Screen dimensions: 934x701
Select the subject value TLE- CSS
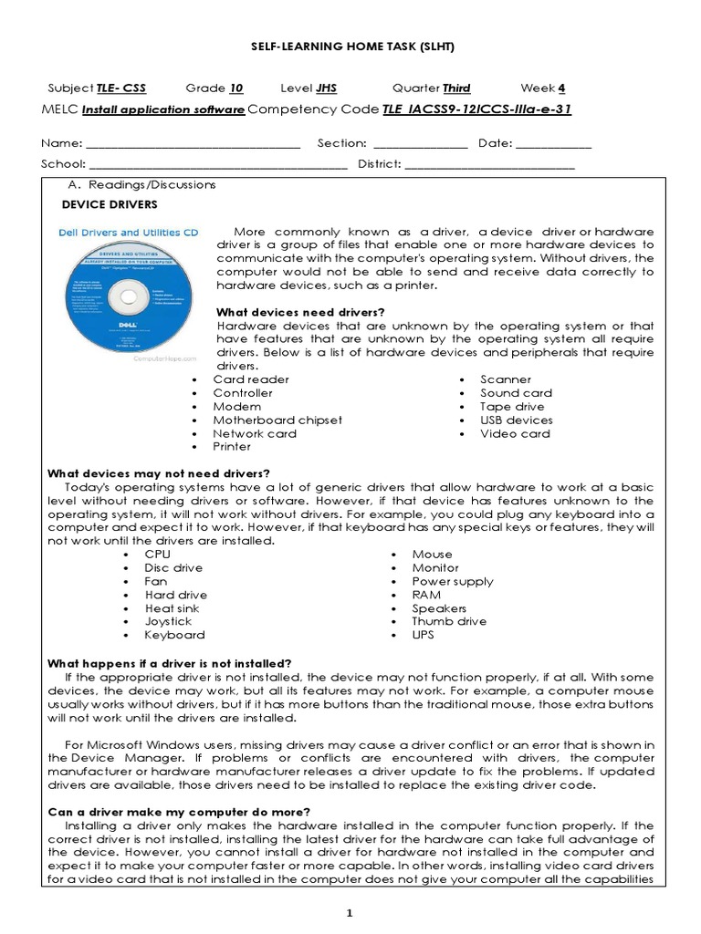pos(121,88)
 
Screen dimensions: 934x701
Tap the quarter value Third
pos(456,88)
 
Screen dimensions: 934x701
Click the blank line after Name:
pos(193,144)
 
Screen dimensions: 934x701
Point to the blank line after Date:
pos(553,144)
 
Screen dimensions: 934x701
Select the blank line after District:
pos(489,165)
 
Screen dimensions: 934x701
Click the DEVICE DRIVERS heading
pos(109,205)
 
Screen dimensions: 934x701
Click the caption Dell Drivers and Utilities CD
pos(128,233)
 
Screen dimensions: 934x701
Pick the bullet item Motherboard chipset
pos(277,420)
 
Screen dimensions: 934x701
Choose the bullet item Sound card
pos(517,393)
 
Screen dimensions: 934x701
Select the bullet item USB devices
pos(517,420)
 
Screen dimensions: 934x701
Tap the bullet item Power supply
pos(453,581)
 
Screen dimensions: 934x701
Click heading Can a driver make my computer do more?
pos(178,812)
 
